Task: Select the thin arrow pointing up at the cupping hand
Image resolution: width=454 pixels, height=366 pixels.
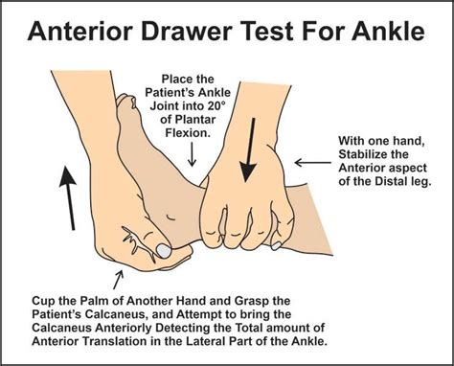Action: [119, 277]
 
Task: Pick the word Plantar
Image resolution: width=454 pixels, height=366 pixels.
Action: [198, 132]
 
